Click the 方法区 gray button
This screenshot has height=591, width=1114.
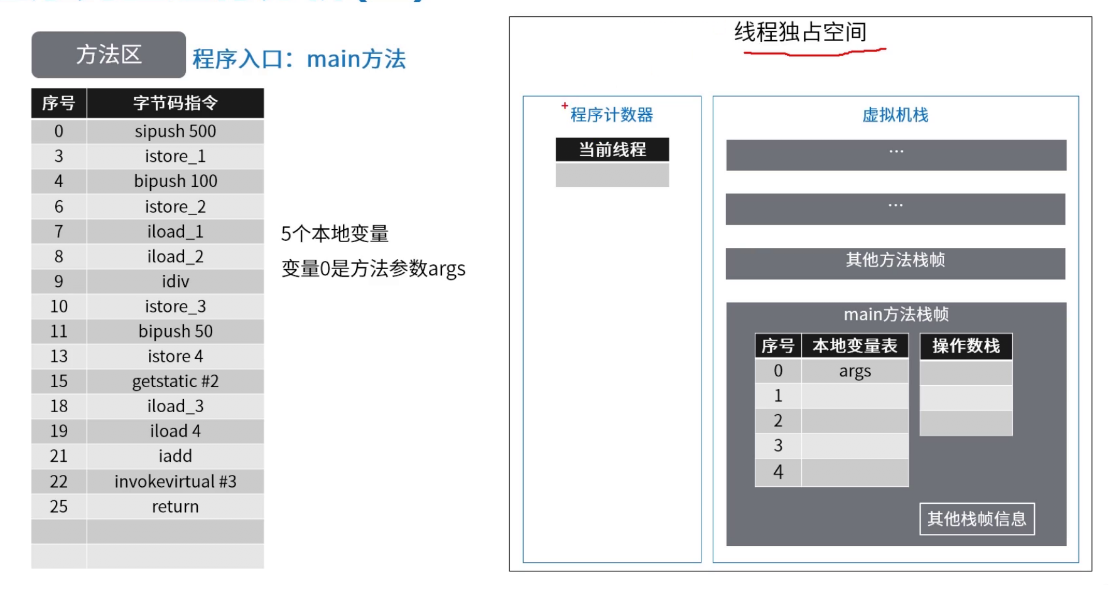109,55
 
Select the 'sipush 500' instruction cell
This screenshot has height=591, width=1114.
175,131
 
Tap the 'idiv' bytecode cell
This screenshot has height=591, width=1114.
175,281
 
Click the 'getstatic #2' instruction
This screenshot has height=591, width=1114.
175,381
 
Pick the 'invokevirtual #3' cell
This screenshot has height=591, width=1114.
175,481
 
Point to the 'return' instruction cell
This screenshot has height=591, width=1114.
175,506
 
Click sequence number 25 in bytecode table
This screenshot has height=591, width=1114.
59,506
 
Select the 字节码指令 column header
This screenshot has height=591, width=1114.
175,103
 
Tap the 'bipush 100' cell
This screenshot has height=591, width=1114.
175,181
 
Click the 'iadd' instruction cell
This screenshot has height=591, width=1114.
175,456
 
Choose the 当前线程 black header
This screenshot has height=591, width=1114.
612,149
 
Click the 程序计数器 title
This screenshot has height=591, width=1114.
612,115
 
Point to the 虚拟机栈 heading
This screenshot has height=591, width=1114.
895,115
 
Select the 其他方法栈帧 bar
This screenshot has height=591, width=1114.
895,260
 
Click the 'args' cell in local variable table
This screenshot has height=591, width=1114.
855,371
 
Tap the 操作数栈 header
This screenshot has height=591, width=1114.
966,346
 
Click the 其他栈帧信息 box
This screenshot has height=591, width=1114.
976,519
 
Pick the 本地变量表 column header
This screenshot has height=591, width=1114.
855,346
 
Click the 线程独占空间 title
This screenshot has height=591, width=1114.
801,32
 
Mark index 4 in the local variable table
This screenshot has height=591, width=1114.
778,472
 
